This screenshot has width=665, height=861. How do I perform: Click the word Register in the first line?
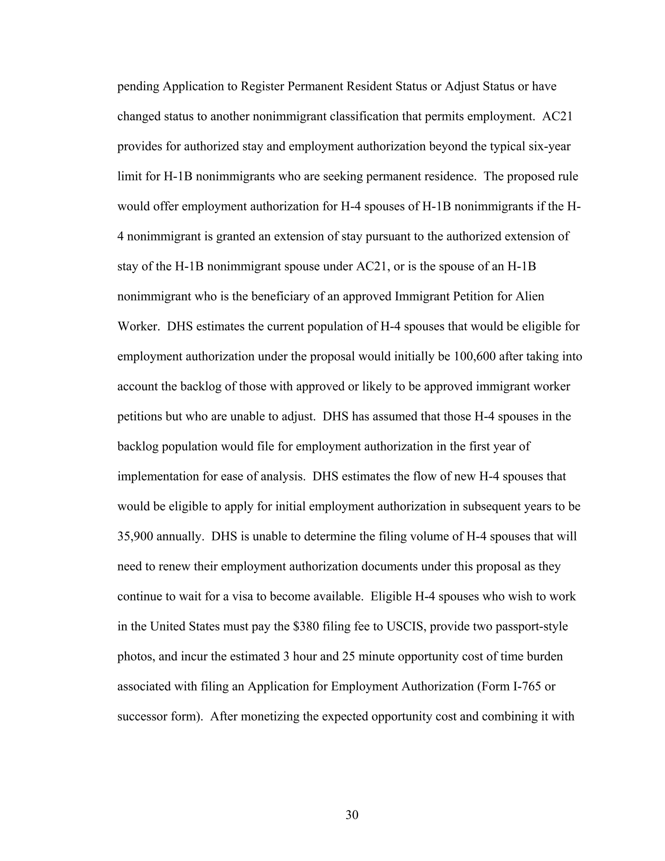pos(262,86)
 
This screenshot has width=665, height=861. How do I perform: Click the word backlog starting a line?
pos(138,447)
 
